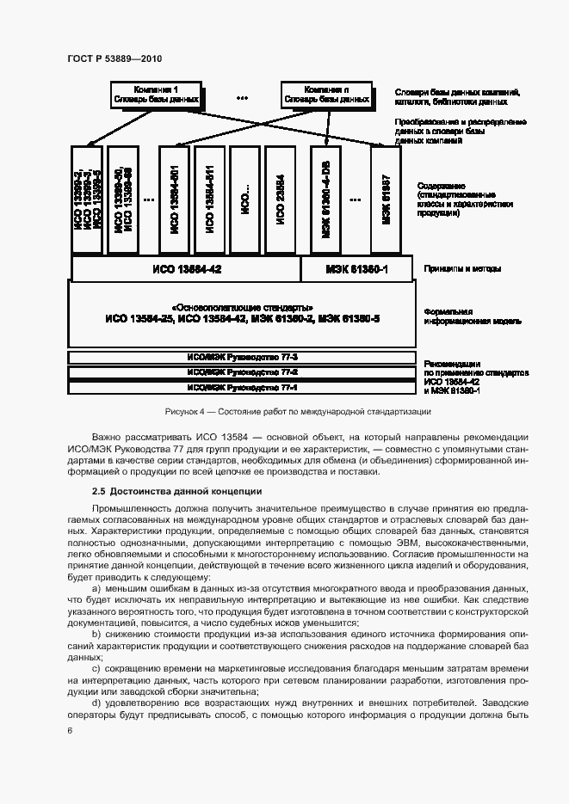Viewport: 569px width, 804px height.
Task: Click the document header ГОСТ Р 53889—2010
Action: [114, 58]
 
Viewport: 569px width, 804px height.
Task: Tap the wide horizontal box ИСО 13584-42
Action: [186, 269]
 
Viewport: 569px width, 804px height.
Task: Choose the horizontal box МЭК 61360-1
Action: [357, 269]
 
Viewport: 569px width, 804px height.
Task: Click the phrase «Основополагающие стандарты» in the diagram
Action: [242, 308]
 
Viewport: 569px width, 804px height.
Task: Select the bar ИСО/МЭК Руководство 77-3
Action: [242, 357]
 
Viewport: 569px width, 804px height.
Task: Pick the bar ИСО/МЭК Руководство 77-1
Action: [242, 388]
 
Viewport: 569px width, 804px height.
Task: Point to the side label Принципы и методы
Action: [462, 269]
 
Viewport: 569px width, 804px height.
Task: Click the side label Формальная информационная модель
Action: [470, 316]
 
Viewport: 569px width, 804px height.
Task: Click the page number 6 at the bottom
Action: [70, 731]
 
